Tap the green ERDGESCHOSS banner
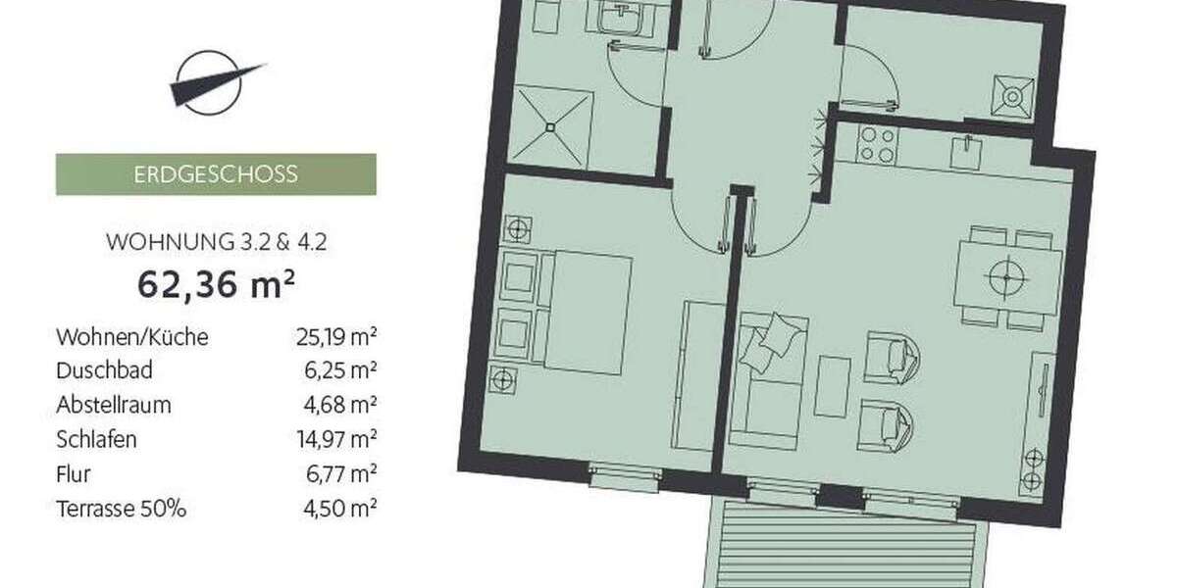(216, 175)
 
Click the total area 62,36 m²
(217, 285)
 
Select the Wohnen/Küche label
(132, 337)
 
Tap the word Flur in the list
(74, 474)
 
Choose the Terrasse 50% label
(122, 509)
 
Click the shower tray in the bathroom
(554, 127)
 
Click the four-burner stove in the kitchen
(875, 146)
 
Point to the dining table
(1007, 278)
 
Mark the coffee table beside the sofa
(834, 385)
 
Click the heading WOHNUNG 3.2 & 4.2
(216, 241)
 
